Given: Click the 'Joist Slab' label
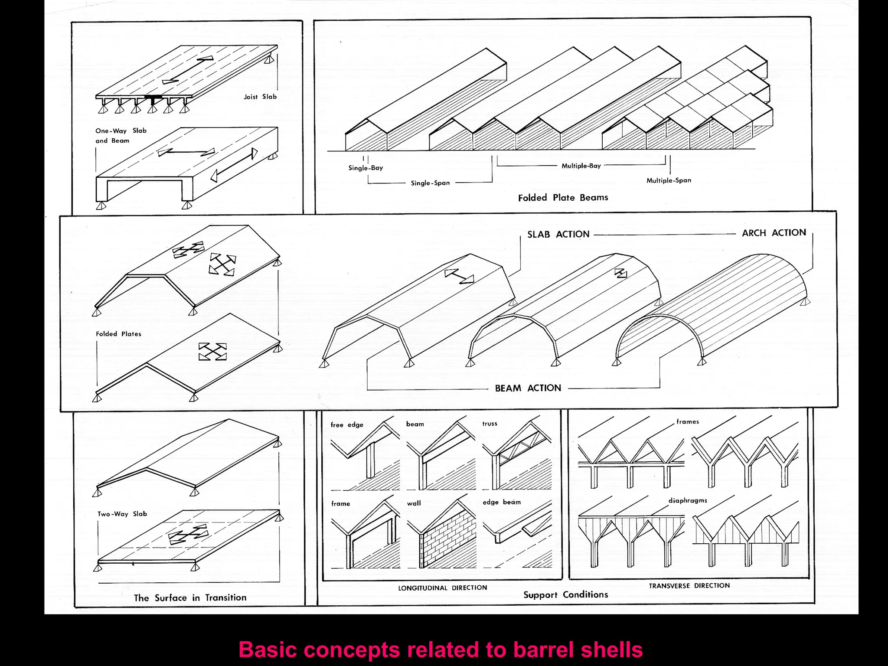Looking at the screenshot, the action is pos(260,97).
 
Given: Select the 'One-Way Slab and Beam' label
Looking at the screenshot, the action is pos(121,135).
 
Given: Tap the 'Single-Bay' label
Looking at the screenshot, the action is pos(366,168).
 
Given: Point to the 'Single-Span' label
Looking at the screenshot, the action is pos(430,183).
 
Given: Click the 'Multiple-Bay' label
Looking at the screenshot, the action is pos(581,166).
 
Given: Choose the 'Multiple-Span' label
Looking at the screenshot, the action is pos(669,180).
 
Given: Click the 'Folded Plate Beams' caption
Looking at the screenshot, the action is pos(563,198).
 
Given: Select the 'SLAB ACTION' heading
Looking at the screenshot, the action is pos(558,235).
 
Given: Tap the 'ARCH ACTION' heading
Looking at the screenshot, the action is pos(774,233).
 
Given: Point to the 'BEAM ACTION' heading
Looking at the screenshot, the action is pos(528,388).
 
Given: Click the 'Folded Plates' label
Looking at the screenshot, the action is pos(118,334).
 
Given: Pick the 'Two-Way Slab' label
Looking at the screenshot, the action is pos(122,514).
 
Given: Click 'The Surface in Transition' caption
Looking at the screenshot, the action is pos(190,598).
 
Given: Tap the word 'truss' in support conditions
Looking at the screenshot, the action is pos(490,424).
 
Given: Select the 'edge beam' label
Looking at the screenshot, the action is pos(502,502).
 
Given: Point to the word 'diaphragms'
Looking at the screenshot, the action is pos(688,500).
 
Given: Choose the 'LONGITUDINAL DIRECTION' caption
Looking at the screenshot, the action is pos(442,588).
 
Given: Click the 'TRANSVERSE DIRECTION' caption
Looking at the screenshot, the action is pos(689,586).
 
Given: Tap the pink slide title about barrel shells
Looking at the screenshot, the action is pos(441,650).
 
